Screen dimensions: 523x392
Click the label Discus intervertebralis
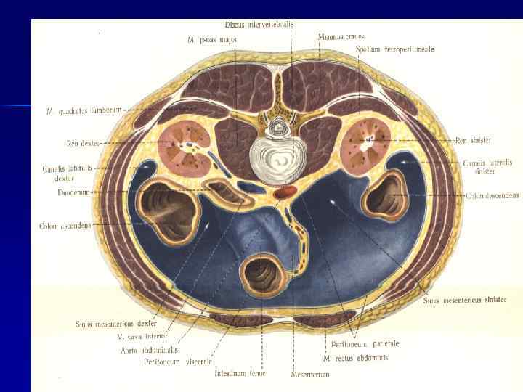(x=259, y=24)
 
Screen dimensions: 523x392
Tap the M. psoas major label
(x=205, y=39)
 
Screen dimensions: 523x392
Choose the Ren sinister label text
(x=477, y=140)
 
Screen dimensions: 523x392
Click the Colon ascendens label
(x=65, y=226)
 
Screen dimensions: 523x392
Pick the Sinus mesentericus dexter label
(x=115, y=323)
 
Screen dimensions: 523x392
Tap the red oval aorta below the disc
(x=286, y=192)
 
